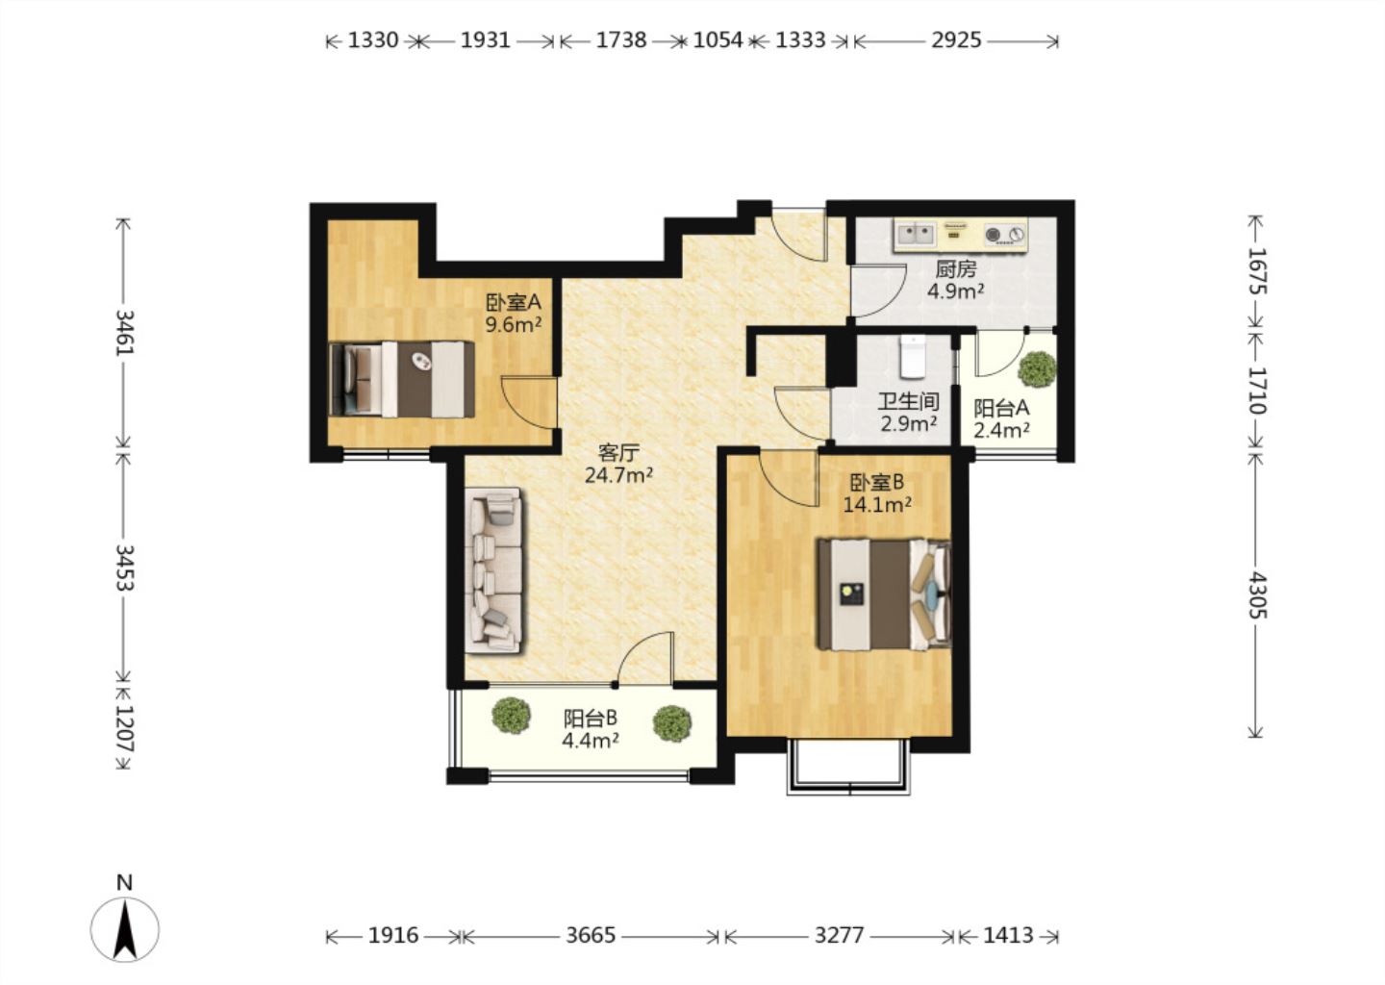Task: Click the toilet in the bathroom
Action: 913,357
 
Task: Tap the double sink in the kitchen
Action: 916,235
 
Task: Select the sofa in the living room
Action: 493,570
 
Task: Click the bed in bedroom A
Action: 402,379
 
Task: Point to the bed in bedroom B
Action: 884,594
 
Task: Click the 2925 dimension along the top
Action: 956,40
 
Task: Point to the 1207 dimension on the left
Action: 124,729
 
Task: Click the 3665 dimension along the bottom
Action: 591,936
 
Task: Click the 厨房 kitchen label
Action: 955,269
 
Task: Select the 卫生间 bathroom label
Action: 908,402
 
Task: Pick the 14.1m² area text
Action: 877,505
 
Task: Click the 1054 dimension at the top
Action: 718,40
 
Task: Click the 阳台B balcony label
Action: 590,718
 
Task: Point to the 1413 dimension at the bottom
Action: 1008,936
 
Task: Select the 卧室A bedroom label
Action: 514,302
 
